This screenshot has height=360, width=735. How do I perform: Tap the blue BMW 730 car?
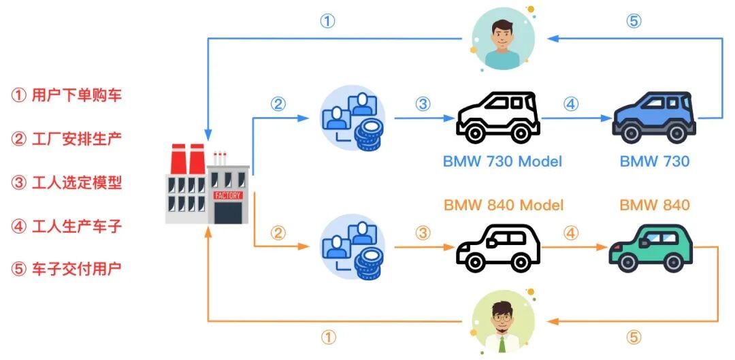(x=654, y=118)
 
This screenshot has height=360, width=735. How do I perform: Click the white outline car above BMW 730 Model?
(x=498, y=118)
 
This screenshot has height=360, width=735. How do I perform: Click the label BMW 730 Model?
(x=503, y=161)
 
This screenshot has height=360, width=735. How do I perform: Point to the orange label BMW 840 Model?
(x=504, y=205)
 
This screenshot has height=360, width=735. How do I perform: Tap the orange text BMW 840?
(x=655, y=205)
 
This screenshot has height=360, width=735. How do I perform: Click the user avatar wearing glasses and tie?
(x=503, y=323)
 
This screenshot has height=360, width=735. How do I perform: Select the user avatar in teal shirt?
(x=503, y=39)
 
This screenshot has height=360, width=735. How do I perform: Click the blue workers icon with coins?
(x=353, y=118)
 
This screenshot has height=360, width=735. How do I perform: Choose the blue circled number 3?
(x=423, y=104)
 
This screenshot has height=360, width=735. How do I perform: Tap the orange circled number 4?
(x=570, y=233)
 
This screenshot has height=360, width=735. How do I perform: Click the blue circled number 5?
(x=633, y=21)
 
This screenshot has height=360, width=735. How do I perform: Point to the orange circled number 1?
(x=328, y=337)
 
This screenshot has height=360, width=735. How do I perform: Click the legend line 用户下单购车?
(x=67, y=95)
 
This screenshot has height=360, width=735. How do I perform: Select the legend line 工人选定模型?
(x=67, y=182)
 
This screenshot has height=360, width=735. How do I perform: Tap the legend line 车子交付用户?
(x=67, y=268)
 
